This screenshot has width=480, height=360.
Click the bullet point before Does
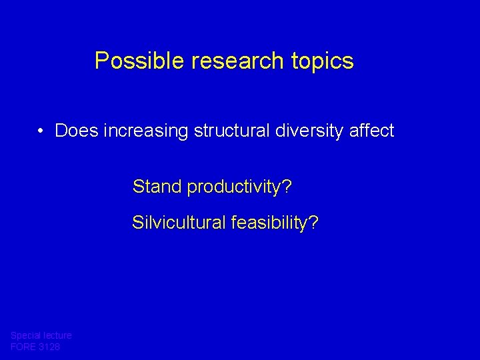coord(41,131)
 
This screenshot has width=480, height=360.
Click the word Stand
coord(157,187)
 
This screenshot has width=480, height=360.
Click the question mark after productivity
coord(287,187)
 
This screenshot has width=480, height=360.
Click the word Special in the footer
coord(26,335)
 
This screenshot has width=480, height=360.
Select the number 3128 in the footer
coord(51,347)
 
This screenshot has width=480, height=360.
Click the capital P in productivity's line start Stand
coord(137,187)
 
